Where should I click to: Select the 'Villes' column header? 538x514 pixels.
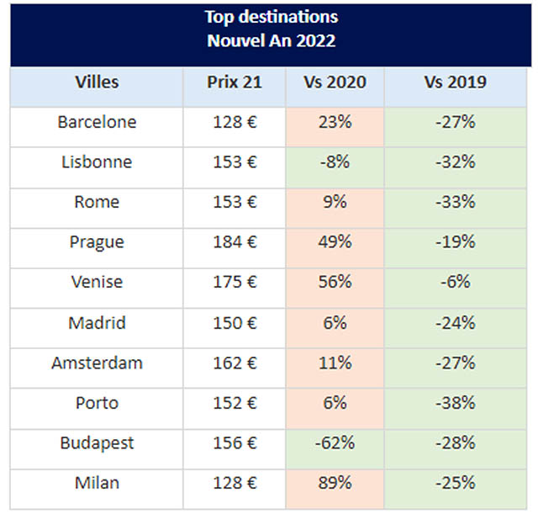pyautogui.click(x=97, y=82)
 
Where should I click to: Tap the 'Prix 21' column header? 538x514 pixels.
pyautogui.click(x=235, y=82)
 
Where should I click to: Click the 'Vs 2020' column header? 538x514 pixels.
pyautogui.click(x=335, y=82)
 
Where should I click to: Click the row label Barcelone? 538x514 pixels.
pyautogui.click(x=97, y=122)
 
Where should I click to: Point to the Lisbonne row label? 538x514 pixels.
pyautogui.click(x=97, y=162)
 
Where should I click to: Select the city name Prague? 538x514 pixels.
pyautogui.click(x=97, y=242)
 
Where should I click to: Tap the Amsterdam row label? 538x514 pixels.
pyautogui.click(x=97, y=363)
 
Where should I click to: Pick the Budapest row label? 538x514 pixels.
pyautogui.click(x=97, y=443)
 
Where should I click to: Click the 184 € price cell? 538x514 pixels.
pyautogui.click(x=235, y=242)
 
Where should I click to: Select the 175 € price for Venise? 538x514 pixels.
pyautogui.click(x=235, y=283)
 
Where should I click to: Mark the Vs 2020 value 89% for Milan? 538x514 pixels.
pyautogui.click(x=335, y=484)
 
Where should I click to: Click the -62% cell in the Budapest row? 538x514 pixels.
pyautogui.click(x=335, y=443)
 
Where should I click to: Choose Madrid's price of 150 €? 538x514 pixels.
pyautogui.click(x=235, y=323)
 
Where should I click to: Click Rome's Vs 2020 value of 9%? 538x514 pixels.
pyautogui.click(x=335, y=203)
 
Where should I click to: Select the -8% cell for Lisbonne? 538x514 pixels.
pyautogui.click(x=335, y=162)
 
